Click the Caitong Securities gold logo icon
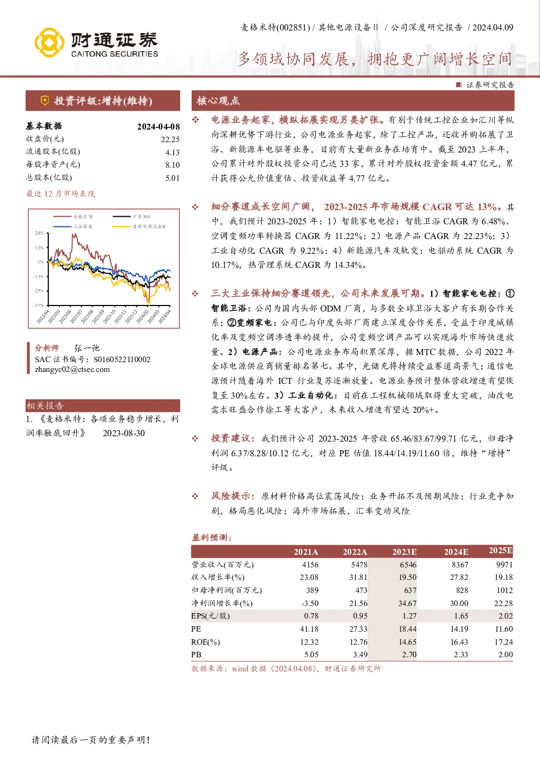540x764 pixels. [49, 42]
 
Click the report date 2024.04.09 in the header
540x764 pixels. [493, 27]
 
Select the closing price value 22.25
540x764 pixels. [170, 139]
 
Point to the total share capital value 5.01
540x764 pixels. [173, 178]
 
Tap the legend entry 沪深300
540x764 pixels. [141, 217]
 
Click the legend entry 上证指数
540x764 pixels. [83, 226]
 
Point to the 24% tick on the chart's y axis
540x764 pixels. [39, 233]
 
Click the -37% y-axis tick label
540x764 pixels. [39, 305]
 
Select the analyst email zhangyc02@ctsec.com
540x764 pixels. [72, 369]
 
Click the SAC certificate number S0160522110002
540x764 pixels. [122, 359]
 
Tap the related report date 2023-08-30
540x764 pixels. [124, 433]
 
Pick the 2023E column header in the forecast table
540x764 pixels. [404, 552]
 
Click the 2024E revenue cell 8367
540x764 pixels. [460, 565]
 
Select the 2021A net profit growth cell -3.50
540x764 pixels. [310, 603]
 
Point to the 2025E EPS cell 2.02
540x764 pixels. [505, 616]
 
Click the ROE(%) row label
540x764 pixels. [205, 642]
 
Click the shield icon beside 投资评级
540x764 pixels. [45, 101]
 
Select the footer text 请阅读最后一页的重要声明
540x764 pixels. [89, 740]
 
